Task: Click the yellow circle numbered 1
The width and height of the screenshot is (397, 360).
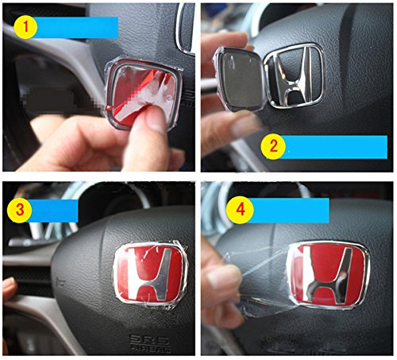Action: (25, 26)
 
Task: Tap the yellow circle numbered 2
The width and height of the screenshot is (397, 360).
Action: (273, 146)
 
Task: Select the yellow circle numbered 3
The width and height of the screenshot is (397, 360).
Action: (20, 210)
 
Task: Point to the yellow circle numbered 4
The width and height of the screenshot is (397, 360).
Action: (240, 210)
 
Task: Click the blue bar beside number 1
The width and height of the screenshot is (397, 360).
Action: (77, 28)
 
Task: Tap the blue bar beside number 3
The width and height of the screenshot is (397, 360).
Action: (54, 211)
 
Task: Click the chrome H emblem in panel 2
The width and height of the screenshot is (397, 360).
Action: (295, 76)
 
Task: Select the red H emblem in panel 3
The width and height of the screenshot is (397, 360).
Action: (150, 273)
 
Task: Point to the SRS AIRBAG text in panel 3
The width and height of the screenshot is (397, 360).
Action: (149, 343)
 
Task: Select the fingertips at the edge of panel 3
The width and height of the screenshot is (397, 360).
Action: (10, 288)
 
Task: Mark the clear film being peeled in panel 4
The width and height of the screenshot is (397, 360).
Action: (262, 281)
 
